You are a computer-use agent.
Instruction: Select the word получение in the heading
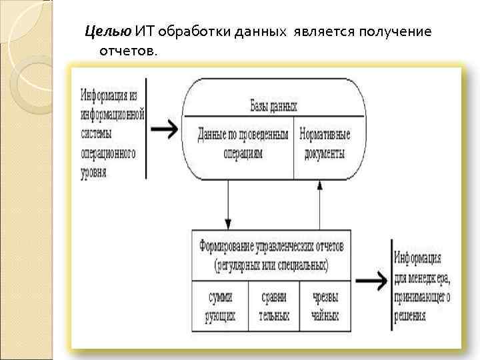click(397, 31)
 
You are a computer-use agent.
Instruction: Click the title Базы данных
click(273, 106)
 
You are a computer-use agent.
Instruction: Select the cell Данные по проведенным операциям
click(243, 143)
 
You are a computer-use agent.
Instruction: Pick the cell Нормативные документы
click(324, 143)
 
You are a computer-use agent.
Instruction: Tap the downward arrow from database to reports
click(228, 203)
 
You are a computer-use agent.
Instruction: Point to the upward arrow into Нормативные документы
click(319, 203)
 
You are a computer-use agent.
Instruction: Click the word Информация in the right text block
click(417, 257)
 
